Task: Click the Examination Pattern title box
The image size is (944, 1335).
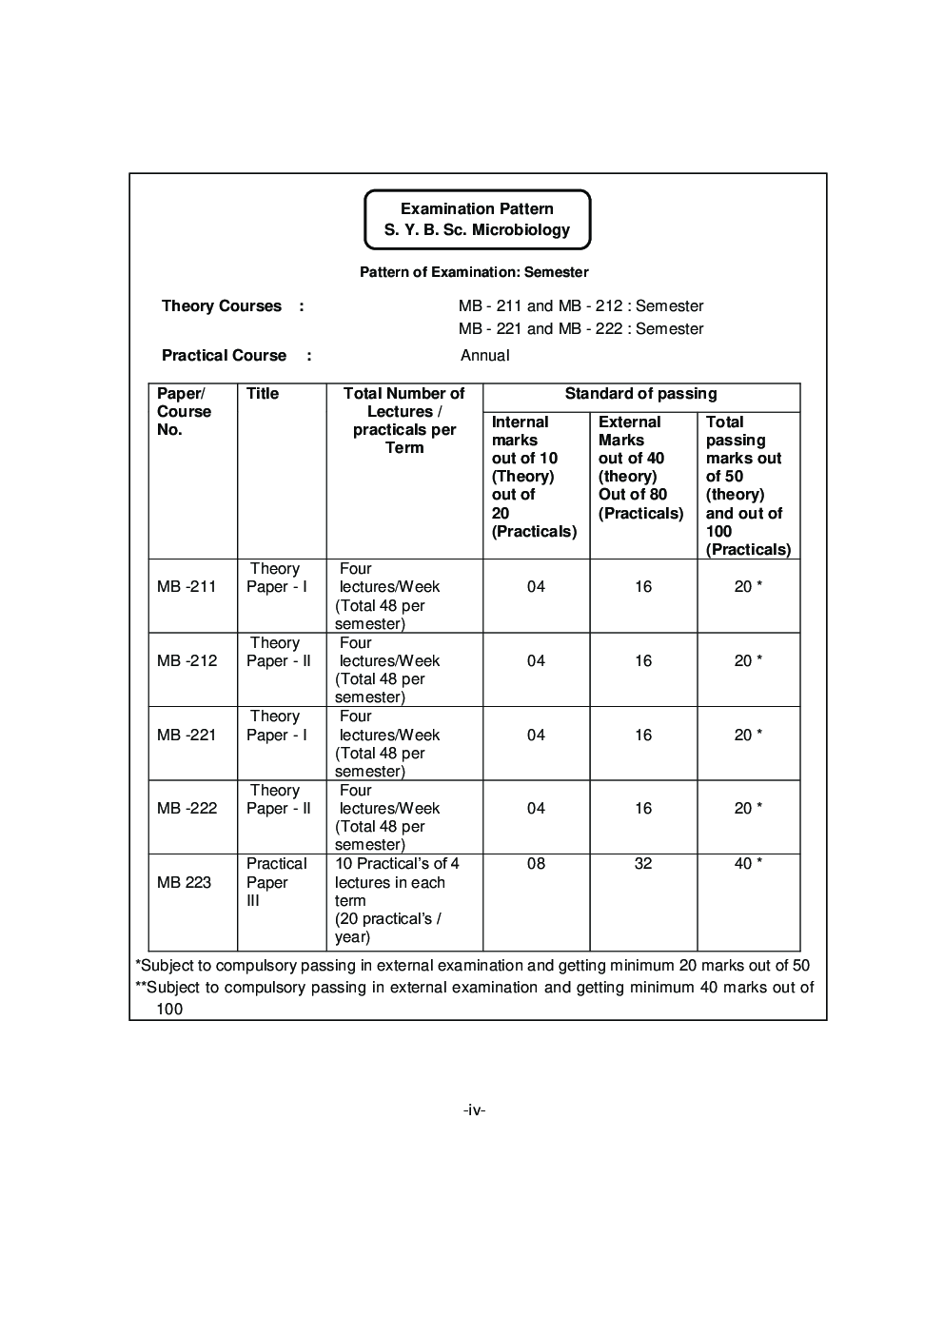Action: tap(477, 219)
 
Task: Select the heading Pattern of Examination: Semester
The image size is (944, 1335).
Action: tap(474, 272)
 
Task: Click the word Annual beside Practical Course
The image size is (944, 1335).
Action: tap(484, 355)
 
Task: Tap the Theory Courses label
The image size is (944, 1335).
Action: tap(222, 305)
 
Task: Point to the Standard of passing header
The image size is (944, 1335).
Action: tap(640, 394)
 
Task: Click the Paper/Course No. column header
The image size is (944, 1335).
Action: tap(184, 411)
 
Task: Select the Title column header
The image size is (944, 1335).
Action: tap(263, 394)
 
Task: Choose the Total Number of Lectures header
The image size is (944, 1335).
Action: tap(403, 420)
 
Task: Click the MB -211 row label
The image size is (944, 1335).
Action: tap(187, 587)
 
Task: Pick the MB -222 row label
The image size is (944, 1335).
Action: tap(187, 808)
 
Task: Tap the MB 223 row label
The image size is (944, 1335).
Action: tap(184, 882)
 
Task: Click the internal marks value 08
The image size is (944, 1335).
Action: tap(536, 864)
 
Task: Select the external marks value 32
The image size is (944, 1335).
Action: tap(643, 864)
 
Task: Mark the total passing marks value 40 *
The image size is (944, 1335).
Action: tap(748, 864)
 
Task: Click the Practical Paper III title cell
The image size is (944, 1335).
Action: tap(276, 882)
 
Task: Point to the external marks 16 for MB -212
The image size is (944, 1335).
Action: tap(643, 661)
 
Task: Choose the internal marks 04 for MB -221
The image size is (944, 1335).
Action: tap(536, 735)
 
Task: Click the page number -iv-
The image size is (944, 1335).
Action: tap(474, 1109)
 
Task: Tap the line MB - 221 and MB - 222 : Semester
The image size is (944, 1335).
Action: tap(580, 329)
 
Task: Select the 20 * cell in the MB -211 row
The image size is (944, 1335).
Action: tap(748, 587)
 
